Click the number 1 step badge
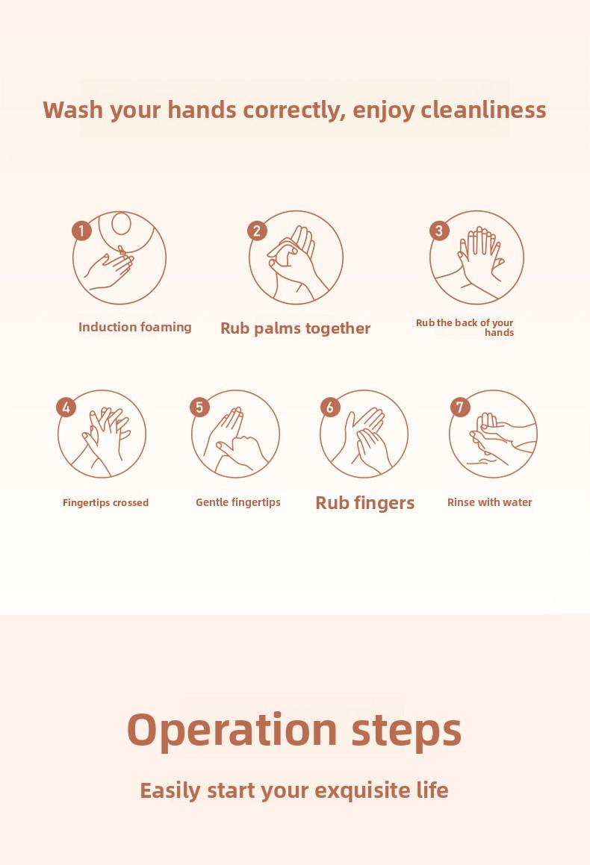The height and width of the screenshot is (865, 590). pyautogui.click(x=81, y=231)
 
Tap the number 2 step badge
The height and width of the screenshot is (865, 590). pyautogui.click(x=257, y=231)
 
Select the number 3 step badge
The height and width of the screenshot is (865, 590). pyautogui.click(x=439, y=231)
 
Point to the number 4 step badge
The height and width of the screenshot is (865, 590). pyautogui.click(x=66, y=407)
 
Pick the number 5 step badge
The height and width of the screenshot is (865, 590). pyautogui.click(x=200, y=407)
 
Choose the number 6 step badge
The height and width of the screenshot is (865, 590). pyautogui.click(x=330, y=407)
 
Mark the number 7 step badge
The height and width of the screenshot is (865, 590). pyautogui.click(x=460, y=407)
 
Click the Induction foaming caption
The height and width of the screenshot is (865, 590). pyautogui.click(x=134, y=327)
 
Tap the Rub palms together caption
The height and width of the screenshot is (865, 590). pyautogui.click(x=295, y=328)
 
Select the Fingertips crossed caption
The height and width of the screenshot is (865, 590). pyautogui.click(x=105, y=502)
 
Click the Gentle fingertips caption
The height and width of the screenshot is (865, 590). pyautogui.click(x=238, y=502)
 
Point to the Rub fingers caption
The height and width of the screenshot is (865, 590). pyautogui.click(x=364, y=503)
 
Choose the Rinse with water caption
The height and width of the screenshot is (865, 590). pyautogui.click(x=490, y=502)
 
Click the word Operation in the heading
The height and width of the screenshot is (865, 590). pyautogui.click(x=232, y=731)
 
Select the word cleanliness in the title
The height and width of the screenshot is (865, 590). pyautogui.click(x=483, y=110)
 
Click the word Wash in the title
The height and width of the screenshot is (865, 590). pyautogui.click(x=73, y=110)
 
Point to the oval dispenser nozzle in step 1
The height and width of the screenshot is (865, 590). pyautogui.click(x=122, y=224)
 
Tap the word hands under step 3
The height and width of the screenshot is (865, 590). pyautogui.click(x=499, y=333)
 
